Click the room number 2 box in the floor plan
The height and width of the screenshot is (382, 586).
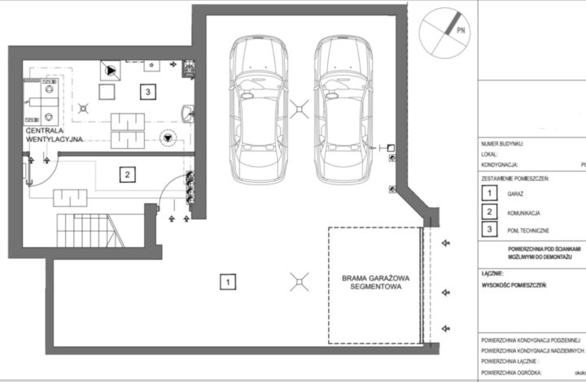pyautogui.click(x=126, y=173)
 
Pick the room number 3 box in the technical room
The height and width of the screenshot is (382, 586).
pyautogui.click(x=146, y=92)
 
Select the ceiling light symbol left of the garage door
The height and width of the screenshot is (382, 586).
pyautogui.click(x=300, y=281)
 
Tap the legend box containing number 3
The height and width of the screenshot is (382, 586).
pyautogui.click(x=489, y=230)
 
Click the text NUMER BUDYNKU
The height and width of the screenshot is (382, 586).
pyautogui.click(x=503, y=143)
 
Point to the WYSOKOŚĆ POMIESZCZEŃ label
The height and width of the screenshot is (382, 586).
pyautogui.click(x=514, y=286)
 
